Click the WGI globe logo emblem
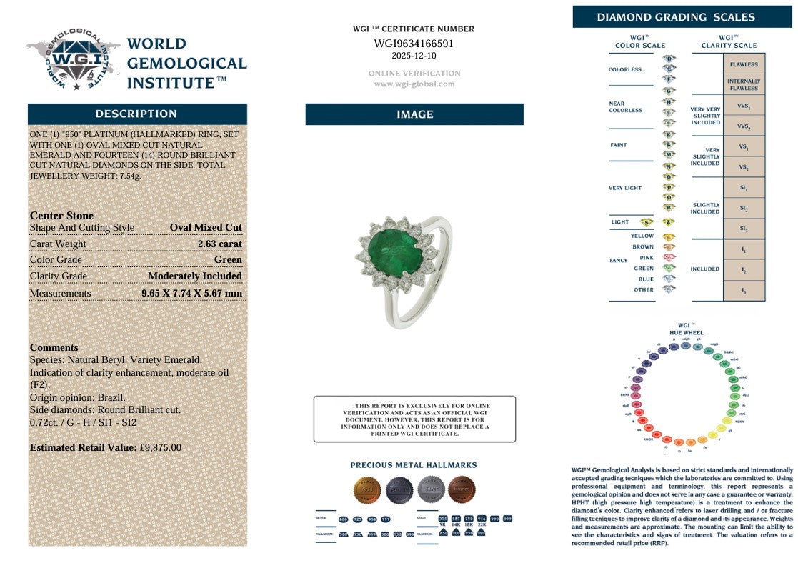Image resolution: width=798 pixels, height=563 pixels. pyautogui.click(x=74, y=60)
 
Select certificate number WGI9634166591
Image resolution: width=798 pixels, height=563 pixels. pyautogui.click(x=414, y=44)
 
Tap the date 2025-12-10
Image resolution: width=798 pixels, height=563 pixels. pyautogui.click(x=414, y=56)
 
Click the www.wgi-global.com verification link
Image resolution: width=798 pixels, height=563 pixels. pyautogui.click(x=414, y=84)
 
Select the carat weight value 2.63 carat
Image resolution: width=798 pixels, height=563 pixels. pyautogui.click(x=220, y=244)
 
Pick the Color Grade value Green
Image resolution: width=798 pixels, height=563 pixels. pyautogui.click(x=228, y=260)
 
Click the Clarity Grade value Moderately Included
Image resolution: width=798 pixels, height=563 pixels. pyautogui.click(x=194, y=276)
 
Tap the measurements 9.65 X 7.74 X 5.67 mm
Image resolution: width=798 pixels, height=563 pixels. pyautogui.click(x=191, y=294)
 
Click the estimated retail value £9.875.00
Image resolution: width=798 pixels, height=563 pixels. pyautogui.click(x=160, y=447)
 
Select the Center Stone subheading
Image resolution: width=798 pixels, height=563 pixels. pyautogui.click(x=61, y=215)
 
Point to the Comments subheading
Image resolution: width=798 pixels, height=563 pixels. pyautogui.click(x=54, y=347)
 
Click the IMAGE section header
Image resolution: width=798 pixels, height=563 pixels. pyautogui.click(x=414, y=114)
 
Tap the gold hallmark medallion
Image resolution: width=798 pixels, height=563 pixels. pyautogui.click(x=367, y=490)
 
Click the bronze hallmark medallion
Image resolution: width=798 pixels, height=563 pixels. pyautogui.click(x=462, y=490)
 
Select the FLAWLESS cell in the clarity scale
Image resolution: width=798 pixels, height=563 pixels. pyautogui.click(x=744, y=64)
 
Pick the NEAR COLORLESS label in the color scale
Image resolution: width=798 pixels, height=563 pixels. pyautogui.click(x=625, y=106)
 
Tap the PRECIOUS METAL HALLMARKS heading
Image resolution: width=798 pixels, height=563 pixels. pyautogui.click(x=414, y=465)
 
